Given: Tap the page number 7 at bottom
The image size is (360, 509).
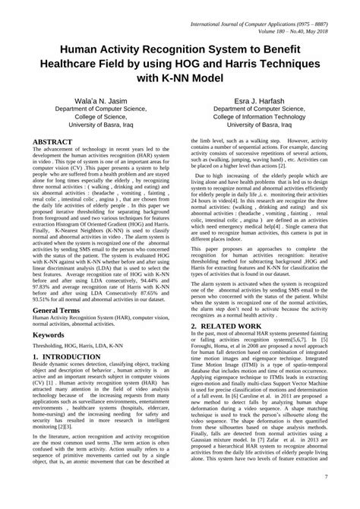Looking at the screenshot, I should pos(347,498).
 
